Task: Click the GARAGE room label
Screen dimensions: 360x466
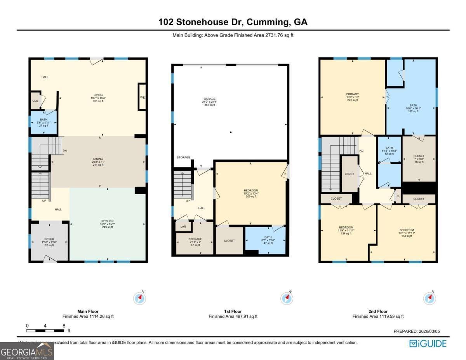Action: click(x=210, y=99)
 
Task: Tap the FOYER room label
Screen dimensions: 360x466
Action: click(x=49, y=239)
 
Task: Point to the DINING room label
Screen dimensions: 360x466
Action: click(x=98, y=158)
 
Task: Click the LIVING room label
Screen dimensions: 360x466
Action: click(x=98, y=95)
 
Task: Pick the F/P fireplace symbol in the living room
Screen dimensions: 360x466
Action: click(x=142, y=97)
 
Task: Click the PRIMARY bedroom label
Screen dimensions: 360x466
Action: click(x=352, y=94)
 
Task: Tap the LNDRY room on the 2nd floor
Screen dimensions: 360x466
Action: click(x=349, y=174)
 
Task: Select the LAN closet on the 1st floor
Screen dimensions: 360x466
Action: click(x=183, y=226)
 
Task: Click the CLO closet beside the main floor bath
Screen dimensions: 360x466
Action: click(x=35, y=101)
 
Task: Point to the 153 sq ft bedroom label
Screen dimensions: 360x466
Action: click(x=407, y=230)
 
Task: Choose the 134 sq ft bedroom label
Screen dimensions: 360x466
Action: click(x=346, y=228)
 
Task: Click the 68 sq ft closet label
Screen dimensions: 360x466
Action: click(x=419, y=159)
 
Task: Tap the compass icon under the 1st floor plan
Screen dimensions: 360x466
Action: click(x=287, y=298)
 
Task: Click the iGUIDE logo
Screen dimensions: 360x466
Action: click(x=428, y=343)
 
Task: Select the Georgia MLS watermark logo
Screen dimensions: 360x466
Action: click(x=27, y=351)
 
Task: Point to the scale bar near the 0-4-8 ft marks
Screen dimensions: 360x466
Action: click(x=45, y=330)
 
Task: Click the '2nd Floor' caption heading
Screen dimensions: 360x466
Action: click(x=378, y=311)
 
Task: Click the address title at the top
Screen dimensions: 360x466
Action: click(x=233, y=22)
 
